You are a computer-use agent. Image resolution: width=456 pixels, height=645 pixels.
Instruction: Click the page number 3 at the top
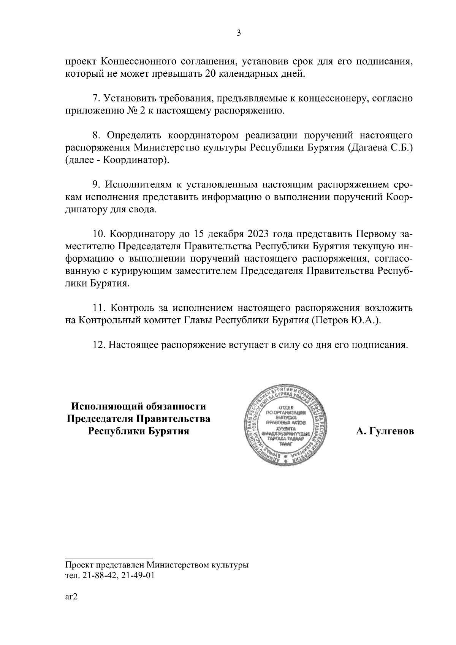click(239, 33)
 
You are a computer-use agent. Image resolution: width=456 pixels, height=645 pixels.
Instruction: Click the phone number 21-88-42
click(96, 575)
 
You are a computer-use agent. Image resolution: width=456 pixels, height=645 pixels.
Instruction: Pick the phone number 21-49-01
click(138, 575)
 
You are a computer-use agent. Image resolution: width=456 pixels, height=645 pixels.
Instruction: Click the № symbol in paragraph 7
click(120, 111)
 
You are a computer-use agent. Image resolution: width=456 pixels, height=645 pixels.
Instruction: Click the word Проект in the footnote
click(78, 564)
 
